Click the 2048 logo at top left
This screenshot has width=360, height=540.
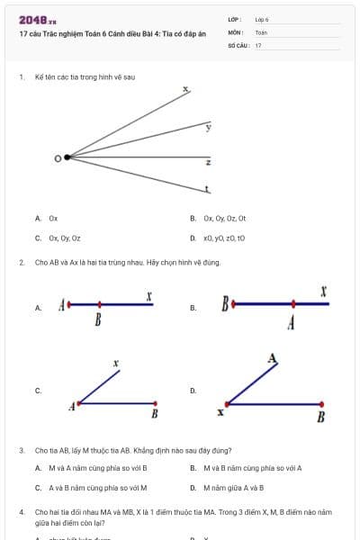37,20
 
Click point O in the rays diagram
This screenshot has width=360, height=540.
67,157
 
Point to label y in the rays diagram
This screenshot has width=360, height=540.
208,128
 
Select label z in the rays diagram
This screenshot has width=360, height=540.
208,162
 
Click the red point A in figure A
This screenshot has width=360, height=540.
68,304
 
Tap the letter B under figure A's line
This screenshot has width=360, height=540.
97,320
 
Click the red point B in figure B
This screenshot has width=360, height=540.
233,304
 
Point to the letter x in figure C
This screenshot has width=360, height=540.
116,364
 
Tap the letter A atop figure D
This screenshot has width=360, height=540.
272,358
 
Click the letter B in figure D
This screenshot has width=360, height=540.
321,417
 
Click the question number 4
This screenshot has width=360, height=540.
21,511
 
